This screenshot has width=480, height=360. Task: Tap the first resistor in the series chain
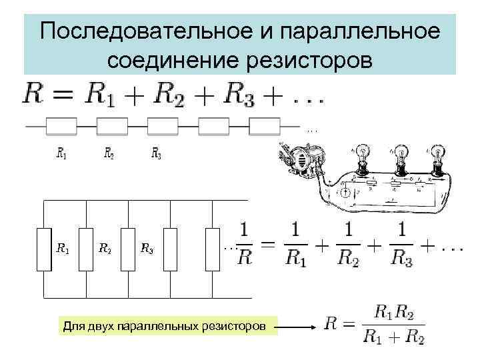(x=61, y=125)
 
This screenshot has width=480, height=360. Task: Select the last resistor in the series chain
(x=264, y=125)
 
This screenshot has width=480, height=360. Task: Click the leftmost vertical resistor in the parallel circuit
(x=44, y=249)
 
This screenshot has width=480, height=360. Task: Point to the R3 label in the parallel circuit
(x=147, y=250)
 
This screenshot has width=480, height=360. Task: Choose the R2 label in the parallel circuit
(x=105, y=250)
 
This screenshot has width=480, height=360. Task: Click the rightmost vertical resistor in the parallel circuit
(x=212, y=249)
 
